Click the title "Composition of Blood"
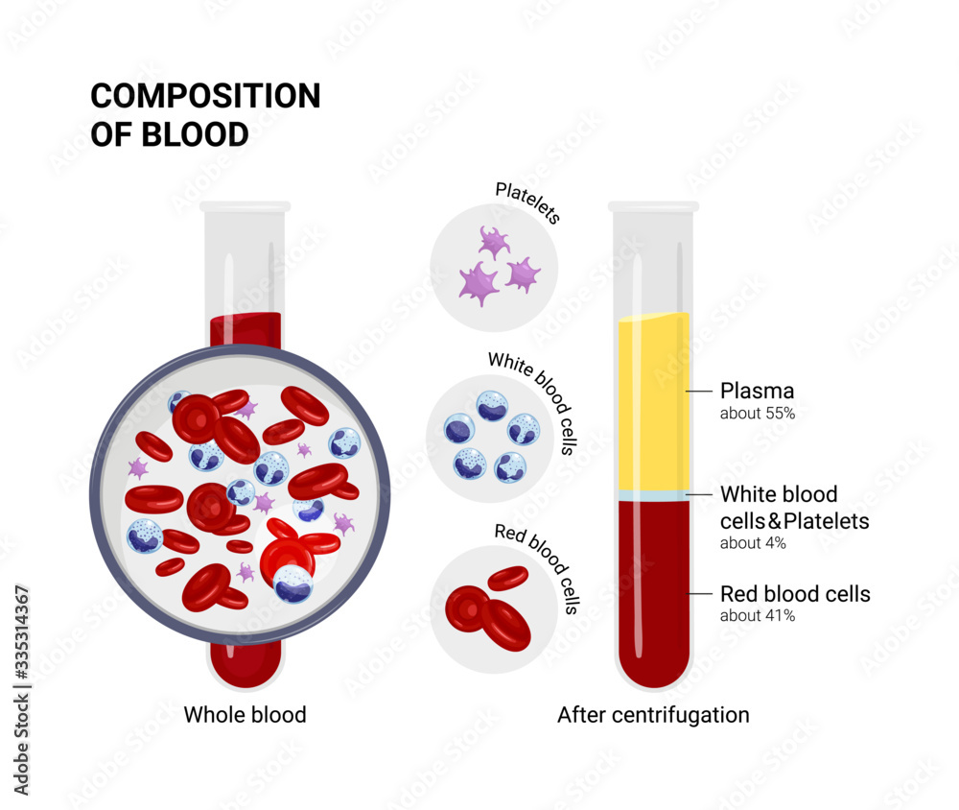point(205,114)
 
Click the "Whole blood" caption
point(245,715)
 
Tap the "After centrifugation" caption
point(653,715)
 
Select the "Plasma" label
point(757,391)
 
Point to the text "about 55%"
point(758,415)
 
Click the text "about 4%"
point(753,543)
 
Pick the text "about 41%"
point(757,616)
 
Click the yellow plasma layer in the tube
point(653,403)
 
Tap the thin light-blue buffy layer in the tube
point(653,495)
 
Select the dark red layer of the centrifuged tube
point(653,585)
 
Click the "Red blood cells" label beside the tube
point(795,594)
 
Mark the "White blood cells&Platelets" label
point(794,508)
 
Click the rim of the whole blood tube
point(245,206)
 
